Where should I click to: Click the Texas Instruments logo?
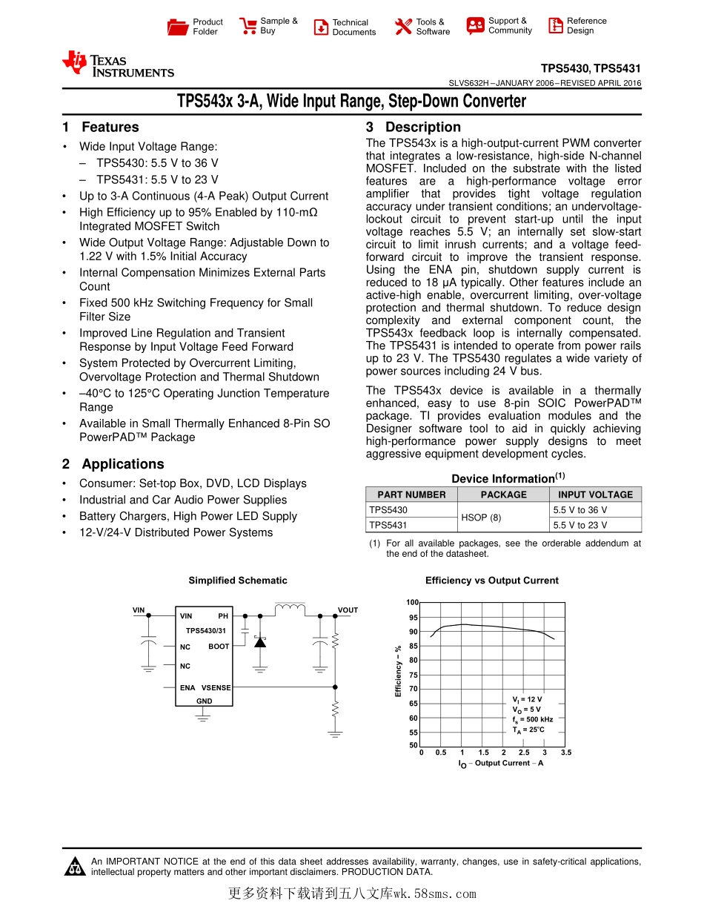[x=119, y=65]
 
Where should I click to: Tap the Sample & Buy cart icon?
[x=248, y=27]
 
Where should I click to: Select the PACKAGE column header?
[x=503, y=495]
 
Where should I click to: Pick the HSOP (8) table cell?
[x=481, y=518]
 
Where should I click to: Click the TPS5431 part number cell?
[x=388, y=525]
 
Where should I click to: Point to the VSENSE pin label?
[x=216, y=688]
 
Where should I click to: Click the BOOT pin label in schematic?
[x=219, y=647]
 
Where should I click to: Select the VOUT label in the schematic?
[x=348, y=610]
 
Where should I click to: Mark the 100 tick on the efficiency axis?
[x=412, y=603]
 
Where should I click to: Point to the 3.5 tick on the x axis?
[x=566, y=753]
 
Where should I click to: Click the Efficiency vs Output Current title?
[x=491, y=581]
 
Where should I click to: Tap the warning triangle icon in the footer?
[x=74, y=867]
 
